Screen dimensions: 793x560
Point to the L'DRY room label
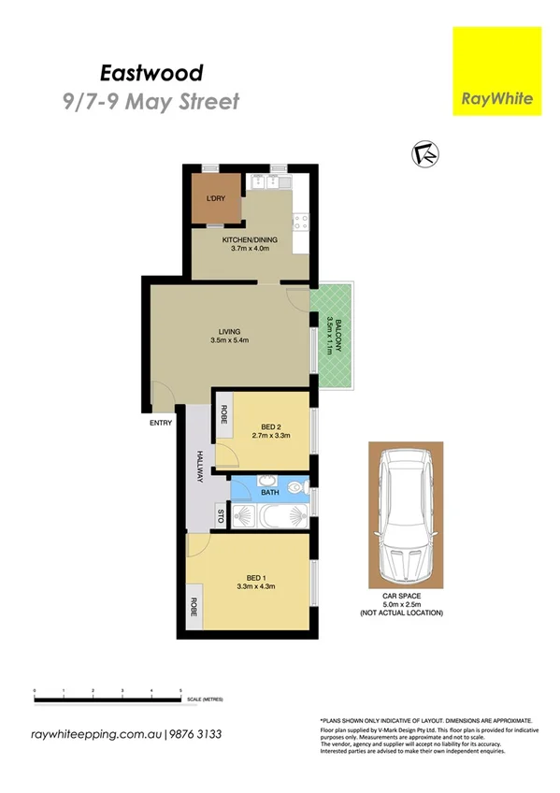pyautogui.click(x=216, y=198)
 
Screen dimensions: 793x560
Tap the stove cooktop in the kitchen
pyautogui.click(x=300, y=222)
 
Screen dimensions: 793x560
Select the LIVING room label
pyautogui.click(x=229, y=332)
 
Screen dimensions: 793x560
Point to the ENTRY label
pyautogui.click(x=161, y=424)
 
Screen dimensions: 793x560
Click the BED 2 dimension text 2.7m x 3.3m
pyautogui.click(x=272, y=435)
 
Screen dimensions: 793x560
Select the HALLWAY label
pyautogui.click(x=199, y=467)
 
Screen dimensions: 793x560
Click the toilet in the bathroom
pyautogui.click(x=297, y=486)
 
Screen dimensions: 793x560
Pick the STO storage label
pyautogui.click(x=222, y=515)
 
